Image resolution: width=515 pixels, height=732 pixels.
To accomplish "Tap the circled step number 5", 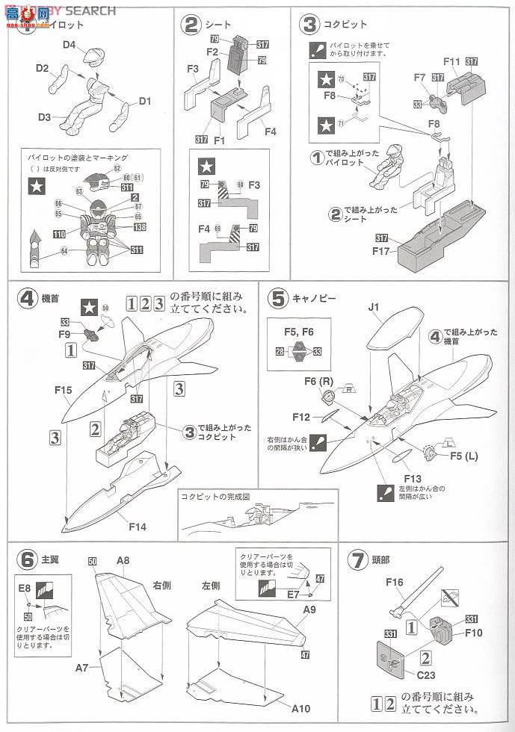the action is point(277,300).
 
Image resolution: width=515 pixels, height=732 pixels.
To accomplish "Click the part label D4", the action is point(70,45).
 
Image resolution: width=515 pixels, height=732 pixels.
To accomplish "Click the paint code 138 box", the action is point(140,226).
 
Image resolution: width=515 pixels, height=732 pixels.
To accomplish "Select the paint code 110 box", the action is point(59,235).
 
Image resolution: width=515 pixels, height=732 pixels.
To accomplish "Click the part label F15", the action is point(64,389).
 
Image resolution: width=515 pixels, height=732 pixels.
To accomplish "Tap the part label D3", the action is point(43,117).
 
